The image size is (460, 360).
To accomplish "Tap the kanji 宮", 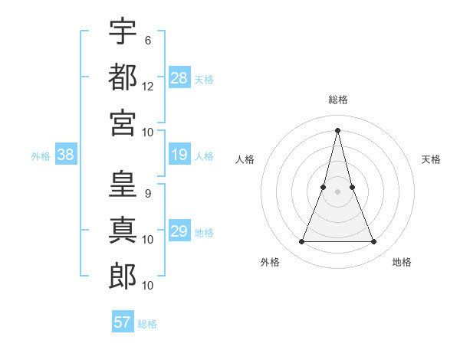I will point(123,123).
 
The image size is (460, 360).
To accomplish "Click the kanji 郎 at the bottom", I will point(123,277).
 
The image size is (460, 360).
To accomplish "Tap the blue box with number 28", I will point(179,77).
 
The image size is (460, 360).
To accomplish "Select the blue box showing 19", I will point(179,155).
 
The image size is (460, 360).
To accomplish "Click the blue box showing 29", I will point(179,231).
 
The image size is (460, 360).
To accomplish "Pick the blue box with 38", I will point(66,155).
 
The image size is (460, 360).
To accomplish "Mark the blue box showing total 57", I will point(123,322).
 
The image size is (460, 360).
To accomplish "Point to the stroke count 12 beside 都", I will point(148,87).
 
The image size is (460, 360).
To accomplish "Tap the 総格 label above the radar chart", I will point(338,100).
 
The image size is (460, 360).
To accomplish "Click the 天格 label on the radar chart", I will point(432,159).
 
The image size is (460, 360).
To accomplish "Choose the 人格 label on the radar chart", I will point(245,159).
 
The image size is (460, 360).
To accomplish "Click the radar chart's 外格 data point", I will point(301,242).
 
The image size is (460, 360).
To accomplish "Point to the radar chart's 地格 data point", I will point(374,242).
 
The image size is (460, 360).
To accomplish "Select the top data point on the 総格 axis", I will point(338,129).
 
